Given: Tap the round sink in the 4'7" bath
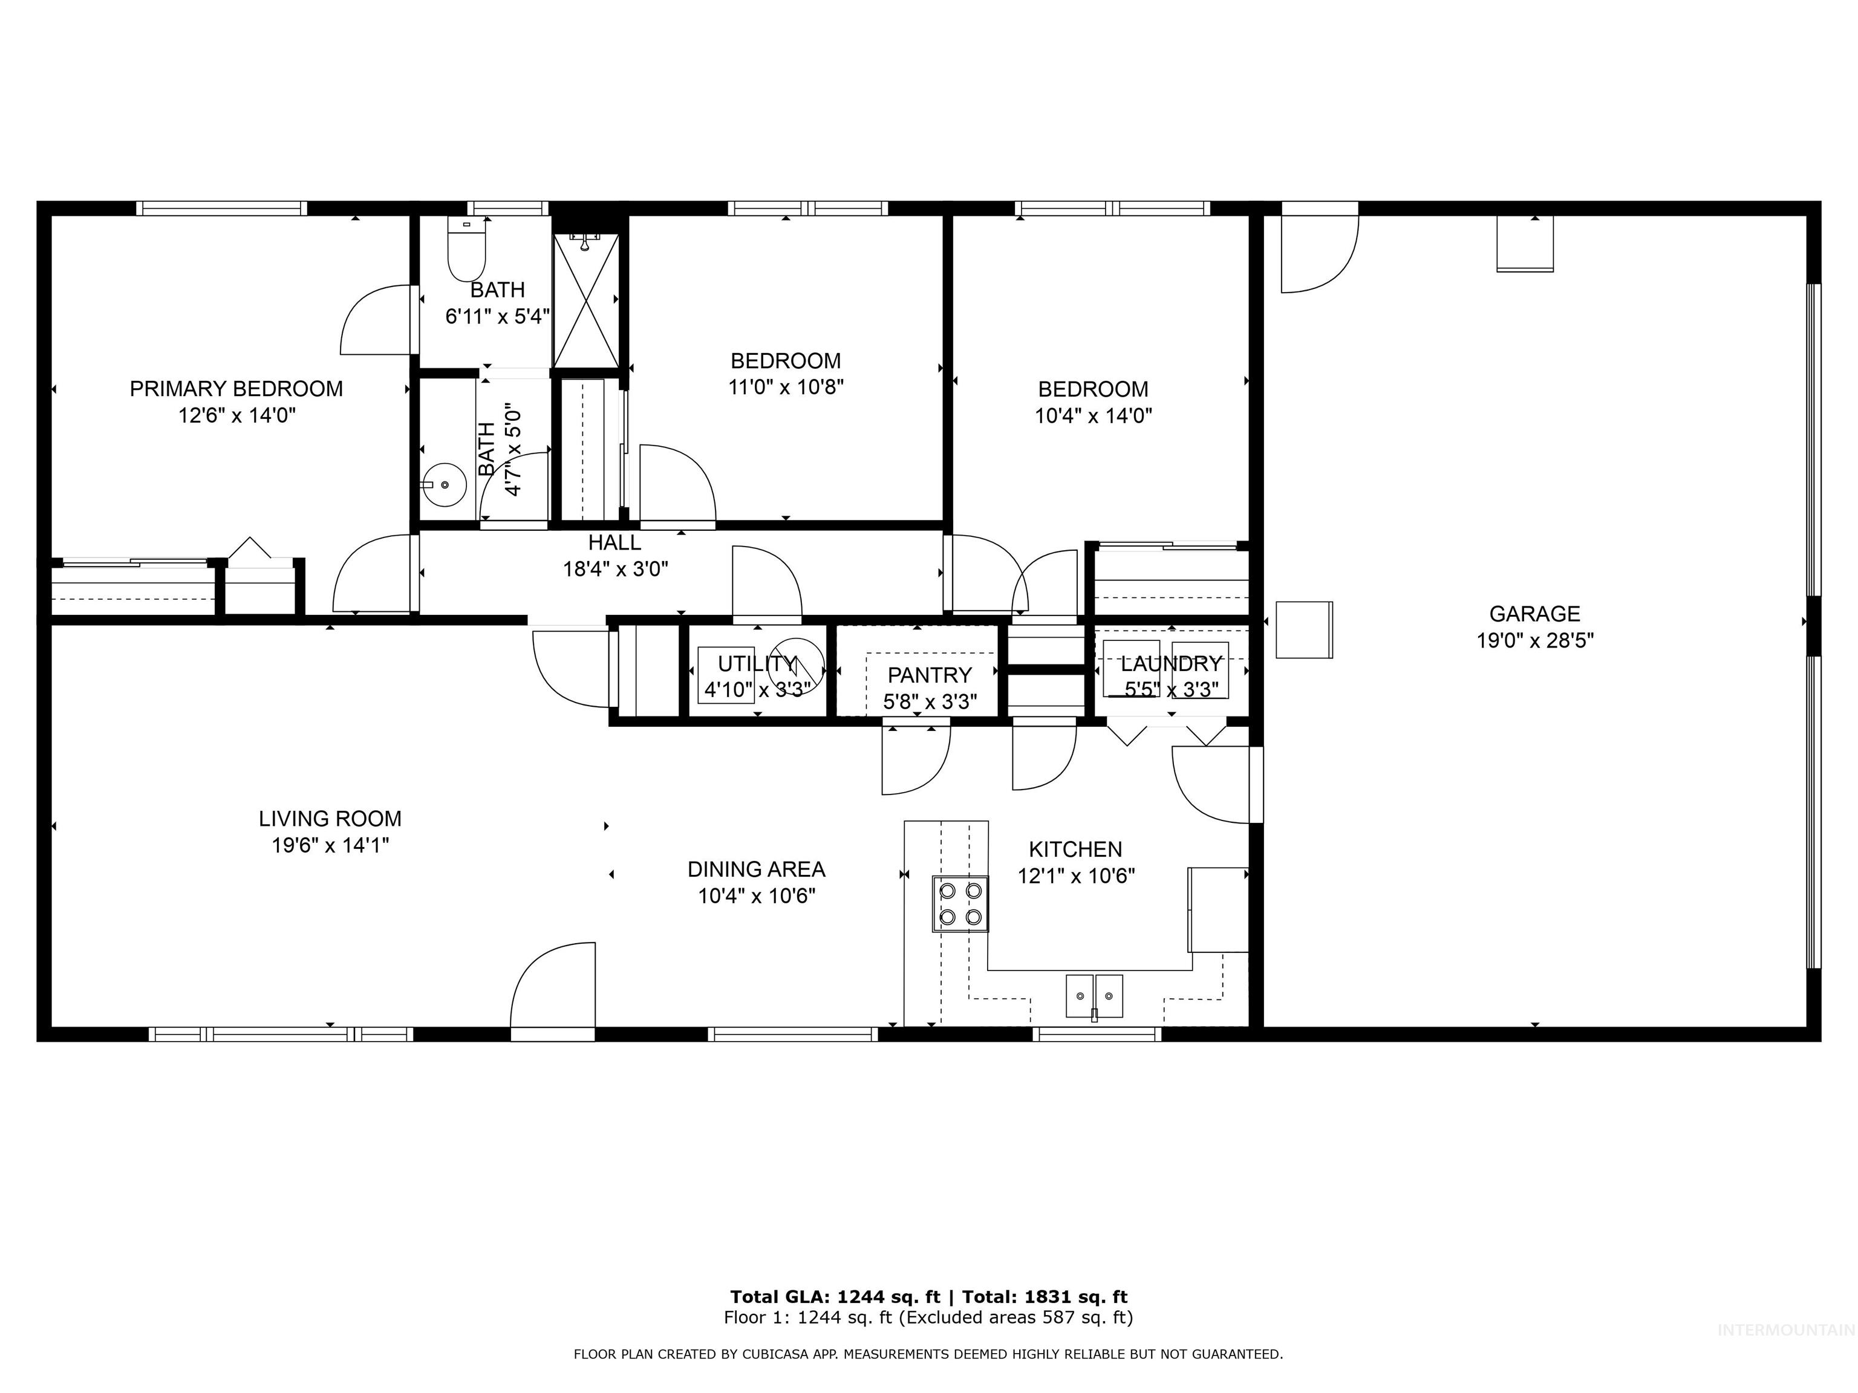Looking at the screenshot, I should (445, 485).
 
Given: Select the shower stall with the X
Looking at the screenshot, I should (586, 300).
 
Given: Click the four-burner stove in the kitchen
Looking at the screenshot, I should (960, 903).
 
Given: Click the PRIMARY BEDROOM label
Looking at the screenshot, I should (236, 389).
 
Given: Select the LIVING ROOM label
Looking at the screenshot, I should (330, 819).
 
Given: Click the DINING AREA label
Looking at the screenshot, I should (756, 869).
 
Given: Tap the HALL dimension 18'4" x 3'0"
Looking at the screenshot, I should (615, 570).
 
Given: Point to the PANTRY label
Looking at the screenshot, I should (929, 675).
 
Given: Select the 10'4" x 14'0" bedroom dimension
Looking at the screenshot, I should (1093, 415).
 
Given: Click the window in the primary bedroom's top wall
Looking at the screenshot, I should (222, 208).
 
